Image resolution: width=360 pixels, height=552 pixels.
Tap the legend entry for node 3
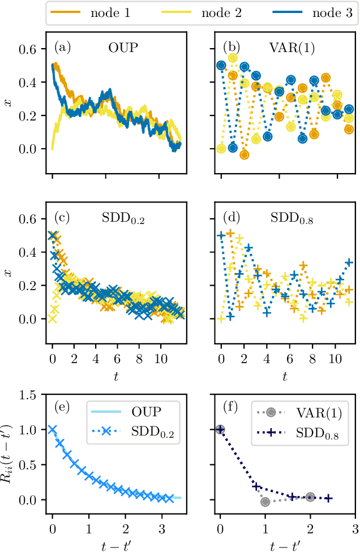click(x=316, y=12)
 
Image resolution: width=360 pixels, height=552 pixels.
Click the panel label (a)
click(x=62, y=48)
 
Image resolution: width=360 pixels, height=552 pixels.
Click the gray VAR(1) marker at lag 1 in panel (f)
click(x=265, y=502)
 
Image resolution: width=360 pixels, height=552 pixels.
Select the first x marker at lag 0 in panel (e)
click(x=53, y=430)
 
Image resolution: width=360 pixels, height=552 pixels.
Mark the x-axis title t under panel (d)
click(x=285, y=376)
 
